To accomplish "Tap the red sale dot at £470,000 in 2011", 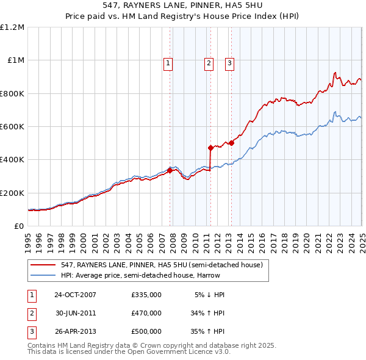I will (x=210, y=148).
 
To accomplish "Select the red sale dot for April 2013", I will (x=231, y=143).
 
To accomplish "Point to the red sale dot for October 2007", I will (x=170, y=170).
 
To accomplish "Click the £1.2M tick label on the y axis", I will (x=12, y=27).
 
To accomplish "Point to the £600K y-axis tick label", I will (x=12, y=127).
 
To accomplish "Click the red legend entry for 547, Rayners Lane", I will (x=162, y=265).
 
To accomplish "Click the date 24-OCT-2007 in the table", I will (x=75, y=295).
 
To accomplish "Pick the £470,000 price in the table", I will (x=146, y=313).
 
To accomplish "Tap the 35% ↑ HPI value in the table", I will (x=207, y=332).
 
